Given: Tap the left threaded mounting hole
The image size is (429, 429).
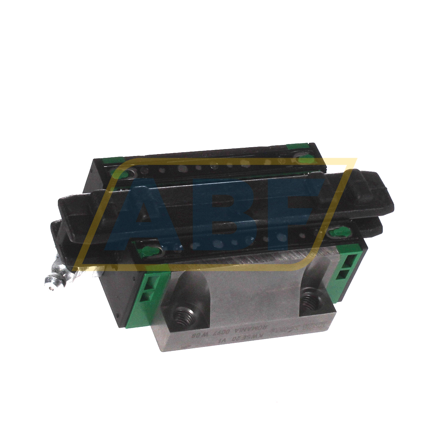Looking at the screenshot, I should click(x=183, y=316).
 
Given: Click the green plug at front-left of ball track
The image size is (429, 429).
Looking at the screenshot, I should click(x=148, y=250).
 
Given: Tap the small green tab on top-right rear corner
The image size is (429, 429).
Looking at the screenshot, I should click(x=297, y=147).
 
